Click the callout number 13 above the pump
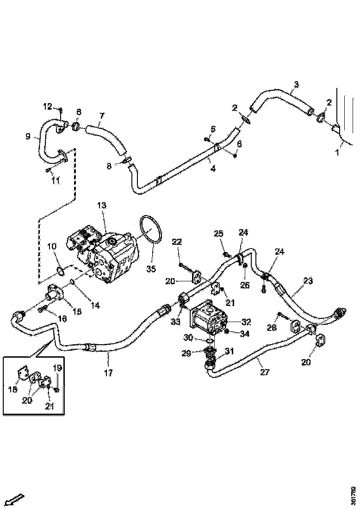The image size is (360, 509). [101, 205]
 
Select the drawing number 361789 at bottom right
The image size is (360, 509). [354, 495]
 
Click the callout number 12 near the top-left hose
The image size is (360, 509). [48, 107]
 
